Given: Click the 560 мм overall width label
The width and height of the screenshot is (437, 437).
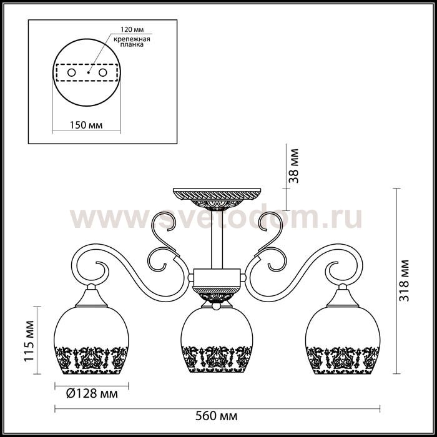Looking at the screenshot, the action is tap(216, 416).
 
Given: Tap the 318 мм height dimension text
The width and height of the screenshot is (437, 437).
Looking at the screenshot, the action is tap(404, 281).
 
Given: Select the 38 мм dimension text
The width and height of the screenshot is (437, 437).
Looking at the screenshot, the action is tap(293, 166).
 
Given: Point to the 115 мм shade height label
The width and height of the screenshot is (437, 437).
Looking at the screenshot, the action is tap(29, 341).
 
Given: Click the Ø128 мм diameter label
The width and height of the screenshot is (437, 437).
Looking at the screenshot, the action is tap(92, 394).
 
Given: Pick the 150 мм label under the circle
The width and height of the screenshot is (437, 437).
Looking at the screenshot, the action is tap(86, 125).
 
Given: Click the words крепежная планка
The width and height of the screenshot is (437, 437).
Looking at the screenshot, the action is tap(132, 42).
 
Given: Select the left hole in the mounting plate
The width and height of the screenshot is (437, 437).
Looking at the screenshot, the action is tap(72, 73).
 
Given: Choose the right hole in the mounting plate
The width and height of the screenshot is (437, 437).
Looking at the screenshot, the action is tap(103, 73).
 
